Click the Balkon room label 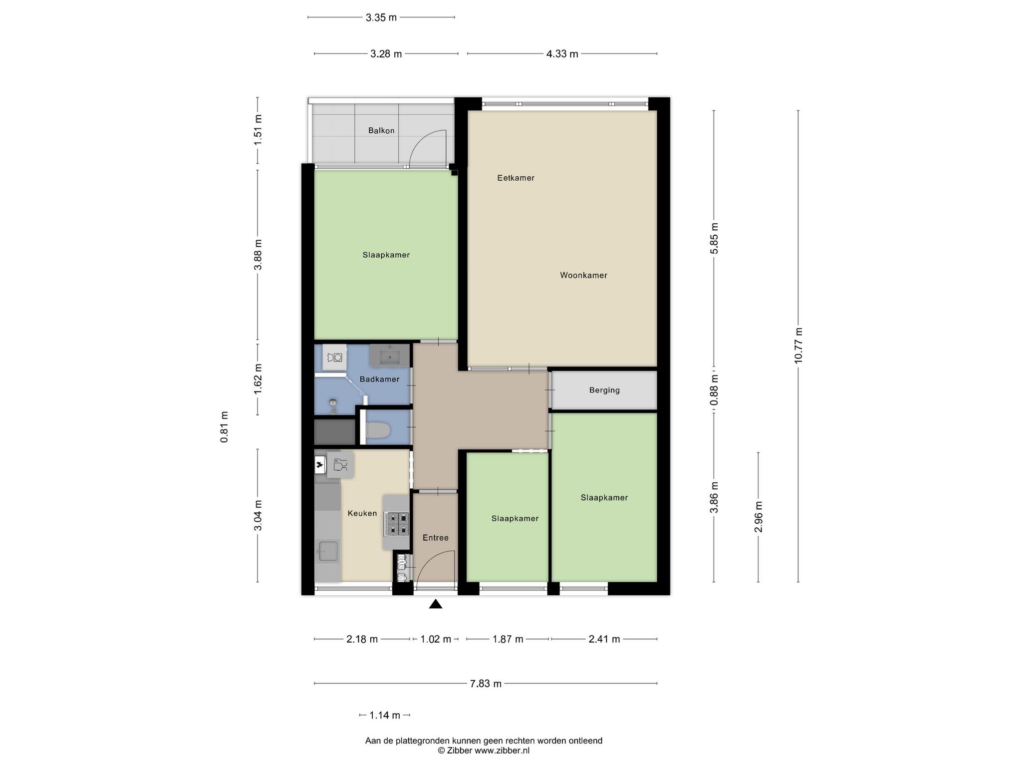[x=381, y=131]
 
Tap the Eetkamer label [x=515, y=178]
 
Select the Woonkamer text [x=583, y=275]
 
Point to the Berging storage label [x=604, y=390]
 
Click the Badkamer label [x=379, y=379]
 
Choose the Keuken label [x=362, y=513]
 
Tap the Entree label [x=436, y=538]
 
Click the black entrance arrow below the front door [x=436, y=604]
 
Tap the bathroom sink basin [x=389, y=356]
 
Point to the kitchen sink [x=328, y=551]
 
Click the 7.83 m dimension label [x=486, y=684]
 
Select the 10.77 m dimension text [x=798, y=346]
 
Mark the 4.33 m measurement [x=562, y=54]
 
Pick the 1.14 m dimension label [x=385, y=715]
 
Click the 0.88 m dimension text [x=714, y=390]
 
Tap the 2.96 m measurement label [x=759, y=517]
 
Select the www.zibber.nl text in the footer [x=502, y=751]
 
